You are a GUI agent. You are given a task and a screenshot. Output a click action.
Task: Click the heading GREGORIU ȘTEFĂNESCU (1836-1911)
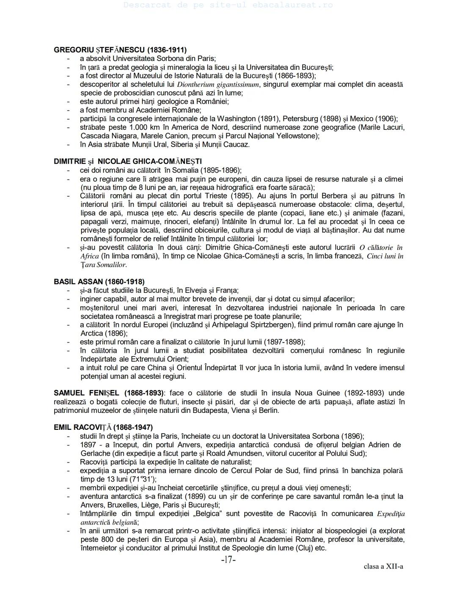pyautogui.click(x=120, y=49)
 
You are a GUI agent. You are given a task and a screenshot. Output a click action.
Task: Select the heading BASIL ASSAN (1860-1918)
pyautogui.click(x=99, y=282)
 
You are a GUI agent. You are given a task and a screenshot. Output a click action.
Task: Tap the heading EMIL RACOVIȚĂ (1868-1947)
pyautogui.click(x=103, y=427)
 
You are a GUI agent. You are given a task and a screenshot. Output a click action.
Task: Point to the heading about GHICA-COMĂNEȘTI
pyautogui.click(x=128, y=162)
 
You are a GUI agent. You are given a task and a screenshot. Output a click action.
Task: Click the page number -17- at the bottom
pyautogui.click(x=228, y=560)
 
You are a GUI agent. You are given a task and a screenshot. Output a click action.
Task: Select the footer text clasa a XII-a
pyautogui.click(x=383, y=566)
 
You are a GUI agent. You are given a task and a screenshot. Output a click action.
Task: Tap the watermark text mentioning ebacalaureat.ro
pyautogui.click(x=228, y=5)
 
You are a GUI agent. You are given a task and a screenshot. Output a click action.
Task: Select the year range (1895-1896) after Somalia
pyautogui.click(x=221, y=170)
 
